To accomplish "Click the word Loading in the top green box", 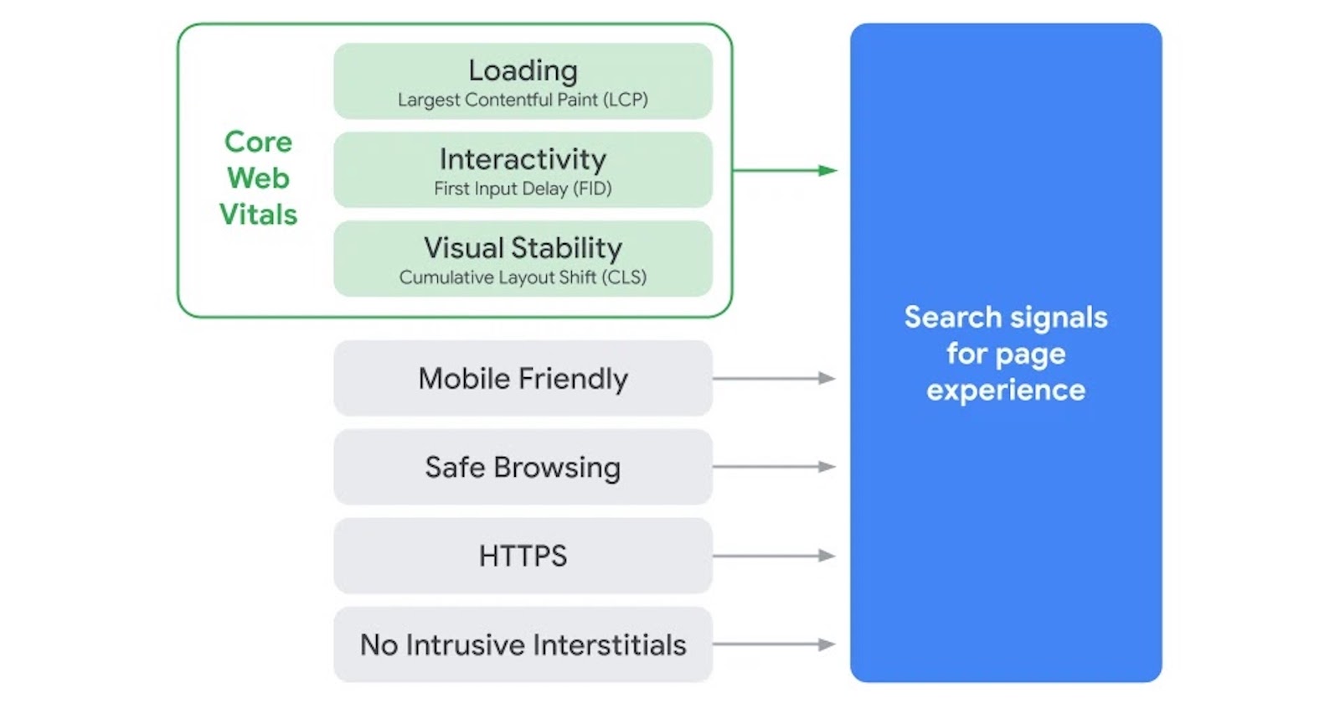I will pos(523,70).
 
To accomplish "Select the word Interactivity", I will pos(523,159).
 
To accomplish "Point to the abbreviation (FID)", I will pos(592,189).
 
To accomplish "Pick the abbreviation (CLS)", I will pos(624,277).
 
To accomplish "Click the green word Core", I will pos(258,142).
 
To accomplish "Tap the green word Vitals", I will pos(258,215).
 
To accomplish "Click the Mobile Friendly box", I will pos(523,378).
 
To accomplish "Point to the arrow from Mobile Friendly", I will pos(774,378).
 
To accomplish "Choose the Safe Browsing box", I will pos(523,467).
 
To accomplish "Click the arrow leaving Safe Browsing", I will pos(774,467).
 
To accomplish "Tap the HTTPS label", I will pos(523,556).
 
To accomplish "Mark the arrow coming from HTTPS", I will pos(774,556).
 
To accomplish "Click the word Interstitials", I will pos(609,644).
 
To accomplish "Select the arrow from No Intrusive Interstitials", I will pos(774,644).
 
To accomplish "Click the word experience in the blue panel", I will pos(1005,391).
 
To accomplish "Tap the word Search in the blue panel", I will pos(952,318).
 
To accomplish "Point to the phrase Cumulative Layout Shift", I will pos(497,277).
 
